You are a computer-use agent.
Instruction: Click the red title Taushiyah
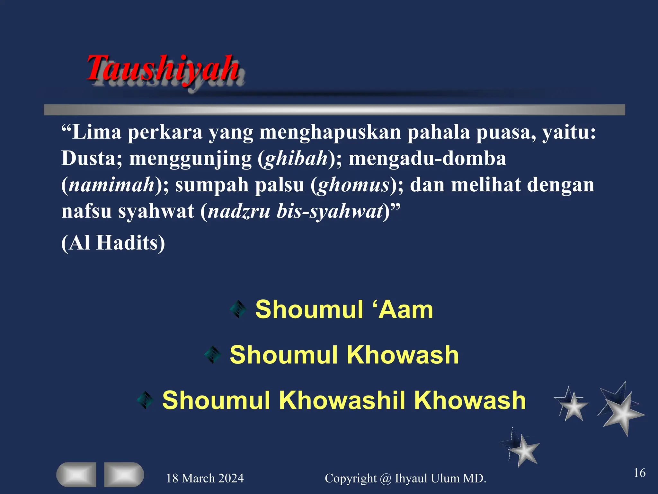[163, 68]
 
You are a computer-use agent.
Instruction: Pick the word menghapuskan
[330, 132]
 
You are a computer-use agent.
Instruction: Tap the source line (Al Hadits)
[113, 242]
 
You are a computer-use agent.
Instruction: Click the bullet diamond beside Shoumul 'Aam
[238, 309]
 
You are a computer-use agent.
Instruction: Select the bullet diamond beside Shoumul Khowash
[213, 355]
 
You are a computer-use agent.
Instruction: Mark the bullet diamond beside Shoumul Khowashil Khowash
[145, 400]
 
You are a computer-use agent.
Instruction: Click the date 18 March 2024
[205, 478]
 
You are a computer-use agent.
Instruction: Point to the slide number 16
[639, 473]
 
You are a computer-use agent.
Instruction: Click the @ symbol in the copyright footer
[386, 479]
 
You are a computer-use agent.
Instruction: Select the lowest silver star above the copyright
[523, 450]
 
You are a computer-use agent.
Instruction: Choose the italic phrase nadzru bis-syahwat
[296, 211]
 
